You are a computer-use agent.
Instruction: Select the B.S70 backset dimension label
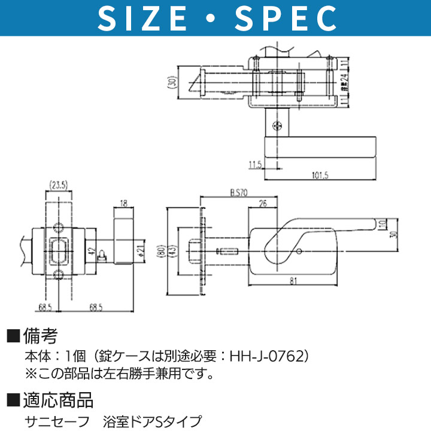point(239,193)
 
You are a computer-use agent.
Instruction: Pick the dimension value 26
point(262,204)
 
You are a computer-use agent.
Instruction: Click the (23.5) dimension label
point(59,184)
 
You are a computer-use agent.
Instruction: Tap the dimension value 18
point(124,202)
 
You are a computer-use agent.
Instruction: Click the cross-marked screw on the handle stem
point(276,126)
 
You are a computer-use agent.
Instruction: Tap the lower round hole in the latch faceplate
point(59,275)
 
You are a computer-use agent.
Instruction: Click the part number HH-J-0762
point(264,356)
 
